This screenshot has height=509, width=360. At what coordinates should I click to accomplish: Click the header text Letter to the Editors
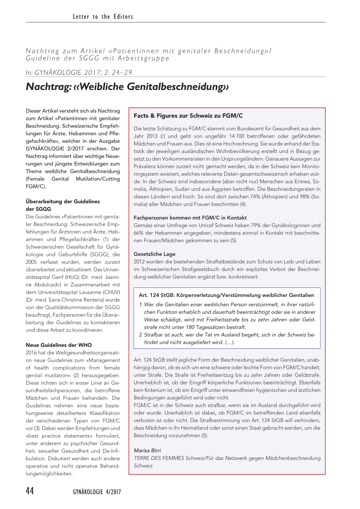tap(103, 17)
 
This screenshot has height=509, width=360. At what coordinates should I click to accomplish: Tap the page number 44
tap(30, 491)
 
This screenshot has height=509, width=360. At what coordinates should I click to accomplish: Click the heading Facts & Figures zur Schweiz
tap(188, 116)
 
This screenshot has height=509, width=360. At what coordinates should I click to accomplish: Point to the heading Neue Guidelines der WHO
tap(59, 345)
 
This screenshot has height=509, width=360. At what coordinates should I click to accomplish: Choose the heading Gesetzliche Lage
tap(154, 254)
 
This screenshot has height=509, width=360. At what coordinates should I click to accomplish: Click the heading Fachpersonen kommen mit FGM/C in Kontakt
tap(190, 218)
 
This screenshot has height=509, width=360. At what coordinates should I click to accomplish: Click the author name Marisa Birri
tap(147, 450)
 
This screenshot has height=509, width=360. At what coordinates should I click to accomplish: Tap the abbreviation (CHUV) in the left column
tap(111, 292)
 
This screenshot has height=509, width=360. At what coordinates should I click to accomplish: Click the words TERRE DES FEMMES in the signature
tap(159, 458)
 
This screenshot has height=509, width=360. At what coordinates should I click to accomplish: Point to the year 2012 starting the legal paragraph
tap(139, 262)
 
